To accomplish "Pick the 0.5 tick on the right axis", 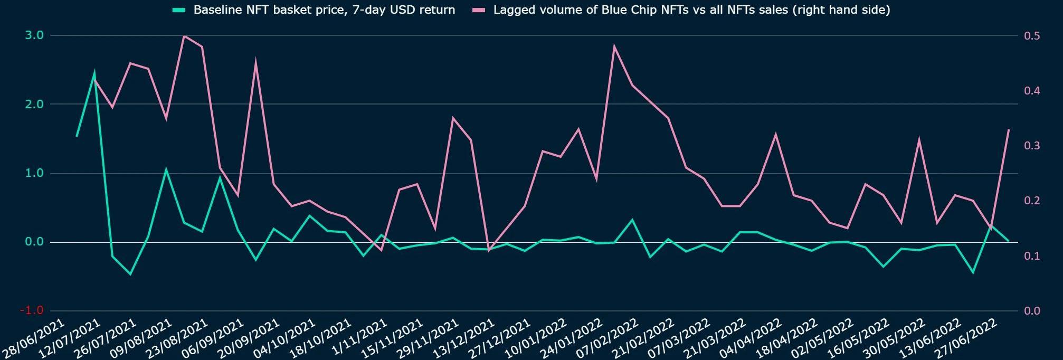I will pyautogui.click(x=1032, y=36).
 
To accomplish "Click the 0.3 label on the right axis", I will pyautogui.click(x=1032, y=146).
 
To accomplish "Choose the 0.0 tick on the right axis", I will pyautogui.click(x=1032, y=311).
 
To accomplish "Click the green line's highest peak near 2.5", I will pyautogui.click(x=94, y=73).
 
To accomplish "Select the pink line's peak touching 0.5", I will pyautogui.click(x=184, y=36).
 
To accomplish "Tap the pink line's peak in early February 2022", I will pyautogui.click(x=614, y=46).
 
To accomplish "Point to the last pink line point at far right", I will pyautogui.click(x=1009, y=130).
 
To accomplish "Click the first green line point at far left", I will pyautogui.click(x=77, y=136).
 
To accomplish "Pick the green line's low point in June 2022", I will pyautogui.click(x=973, y=272).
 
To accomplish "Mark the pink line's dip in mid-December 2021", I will pyautogui.click(x=488, y=250).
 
